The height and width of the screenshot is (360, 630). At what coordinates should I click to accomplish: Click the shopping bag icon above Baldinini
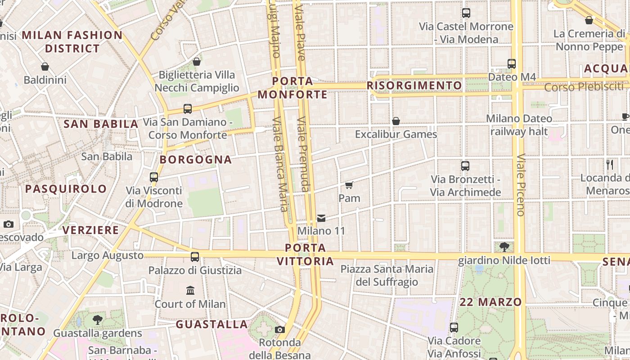pyautogui.click(x=45, y=67)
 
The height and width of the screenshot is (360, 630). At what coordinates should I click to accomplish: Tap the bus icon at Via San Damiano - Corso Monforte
pyautogui.click(x=188, y=109)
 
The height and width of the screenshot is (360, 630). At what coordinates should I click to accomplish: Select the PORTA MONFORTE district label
pyautogui.click(x=292, y=88)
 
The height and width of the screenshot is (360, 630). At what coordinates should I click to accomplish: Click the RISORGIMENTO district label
pyautogui.click(x=414, y=85)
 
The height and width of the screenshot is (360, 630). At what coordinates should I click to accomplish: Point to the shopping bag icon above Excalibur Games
pyautogui.click(x=396, y=121)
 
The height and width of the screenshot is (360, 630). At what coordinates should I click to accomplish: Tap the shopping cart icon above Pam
pyautogui.click(x=349, y=185)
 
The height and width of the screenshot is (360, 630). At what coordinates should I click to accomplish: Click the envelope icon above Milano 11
pyautogui.click(x=321, y=218)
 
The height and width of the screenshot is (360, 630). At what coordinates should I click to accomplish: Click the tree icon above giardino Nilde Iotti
pyautogui.click(x=504, y=247)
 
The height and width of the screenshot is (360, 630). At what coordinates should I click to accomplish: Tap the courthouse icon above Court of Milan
pyautogui.click(x=190, y=290)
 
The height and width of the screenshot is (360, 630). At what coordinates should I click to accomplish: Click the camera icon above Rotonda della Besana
pyautogui.click(x=280, y=329)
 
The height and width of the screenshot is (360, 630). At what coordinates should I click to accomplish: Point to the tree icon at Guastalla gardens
pyautogui.click(x=97, y=320)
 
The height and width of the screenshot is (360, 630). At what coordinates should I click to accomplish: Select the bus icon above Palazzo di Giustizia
pyautogui.click(x=195, y=257)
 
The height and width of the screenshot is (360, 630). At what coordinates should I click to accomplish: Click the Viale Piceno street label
pyautogui.click(x=521, y=185)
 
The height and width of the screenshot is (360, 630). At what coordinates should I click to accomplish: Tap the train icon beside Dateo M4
pyautogui.click(x=512, y=64)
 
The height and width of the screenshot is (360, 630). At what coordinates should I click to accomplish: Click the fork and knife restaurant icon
pyautogui.click(x=610, y=165)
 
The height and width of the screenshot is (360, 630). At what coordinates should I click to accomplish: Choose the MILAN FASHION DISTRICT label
pyautogui.click(x=72, y=41)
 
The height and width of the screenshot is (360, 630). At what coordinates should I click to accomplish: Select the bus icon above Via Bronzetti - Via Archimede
pyautogui.click(x=465, y=166)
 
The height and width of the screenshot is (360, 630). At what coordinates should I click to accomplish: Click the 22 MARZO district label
pyautogui.click(x=490, y=302)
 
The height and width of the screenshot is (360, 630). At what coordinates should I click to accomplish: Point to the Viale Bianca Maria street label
pyautogui.click(x=280, y=164)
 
